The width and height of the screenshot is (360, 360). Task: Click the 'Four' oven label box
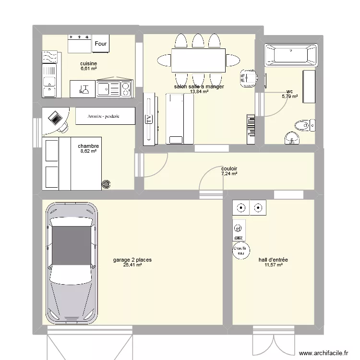point(101,44)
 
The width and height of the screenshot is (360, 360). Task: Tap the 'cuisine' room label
point(89,63)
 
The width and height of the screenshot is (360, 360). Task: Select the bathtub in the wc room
point(290,55)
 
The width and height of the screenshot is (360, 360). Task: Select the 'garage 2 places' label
point(132,260)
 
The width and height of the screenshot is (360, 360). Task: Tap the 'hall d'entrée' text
point(273,260)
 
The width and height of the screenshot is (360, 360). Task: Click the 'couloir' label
point(229,168)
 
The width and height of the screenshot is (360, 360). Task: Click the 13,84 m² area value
point(199,92)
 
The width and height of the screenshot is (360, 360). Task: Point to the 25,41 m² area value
point(132,265)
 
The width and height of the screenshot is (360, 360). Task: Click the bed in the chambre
point(72,164)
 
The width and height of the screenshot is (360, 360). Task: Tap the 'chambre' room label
point(88,146)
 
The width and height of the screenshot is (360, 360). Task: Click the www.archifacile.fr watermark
point(324,353)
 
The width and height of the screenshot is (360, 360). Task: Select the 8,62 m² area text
point(88,152)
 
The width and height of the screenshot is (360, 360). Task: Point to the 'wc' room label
point(289,91)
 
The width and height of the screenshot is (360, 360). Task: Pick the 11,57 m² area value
point(273,265)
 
